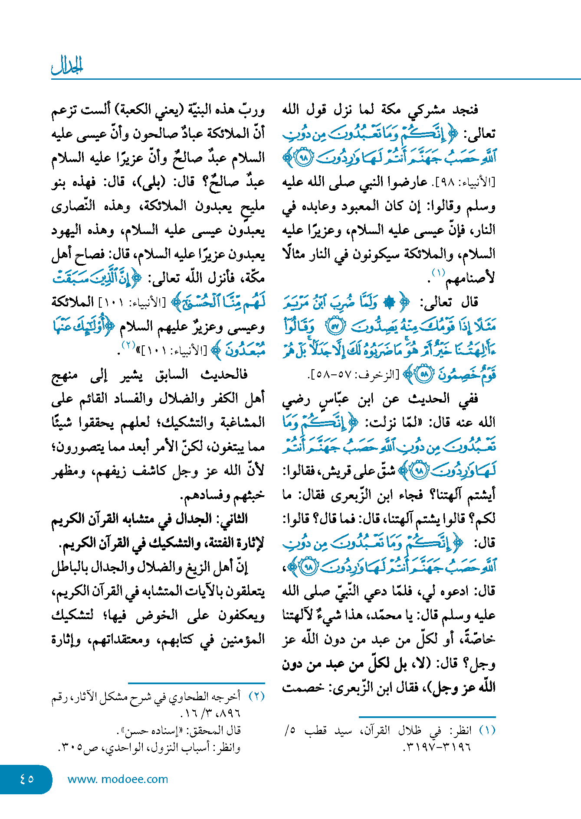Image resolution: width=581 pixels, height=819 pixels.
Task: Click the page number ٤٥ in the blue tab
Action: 26,779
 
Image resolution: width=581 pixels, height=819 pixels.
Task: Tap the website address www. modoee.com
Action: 118,779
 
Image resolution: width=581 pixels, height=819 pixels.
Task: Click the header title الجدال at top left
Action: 67,66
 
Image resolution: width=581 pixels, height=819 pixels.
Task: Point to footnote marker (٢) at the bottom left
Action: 256,696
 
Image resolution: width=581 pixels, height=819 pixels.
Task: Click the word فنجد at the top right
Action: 465,110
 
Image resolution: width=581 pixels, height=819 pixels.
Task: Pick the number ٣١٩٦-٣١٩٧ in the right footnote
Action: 437,747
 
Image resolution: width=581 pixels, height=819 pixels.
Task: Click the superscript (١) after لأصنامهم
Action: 438,273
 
